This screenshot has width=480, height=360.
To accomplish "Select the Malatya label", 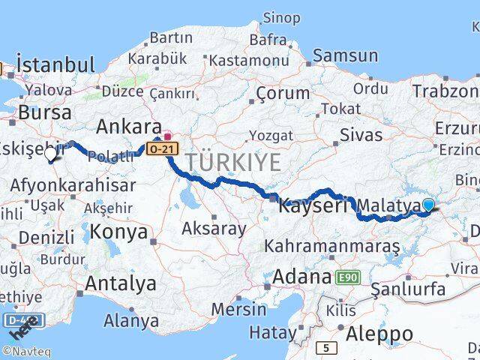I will (x=388, y=205).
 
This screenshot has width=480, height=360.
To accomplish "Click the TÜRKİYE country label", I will (x=233, y=161).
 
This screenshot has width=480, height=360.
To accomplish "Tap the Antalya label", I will (x=121, y=283).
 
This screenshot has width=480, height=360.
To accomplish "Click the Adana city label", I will (x=301, y=277).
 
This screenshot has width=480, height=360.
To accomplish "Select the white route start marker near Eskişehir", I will (x=51, y=154).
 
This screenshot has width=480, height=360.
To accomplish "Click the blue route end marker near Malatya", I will (x=428, y=205).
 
